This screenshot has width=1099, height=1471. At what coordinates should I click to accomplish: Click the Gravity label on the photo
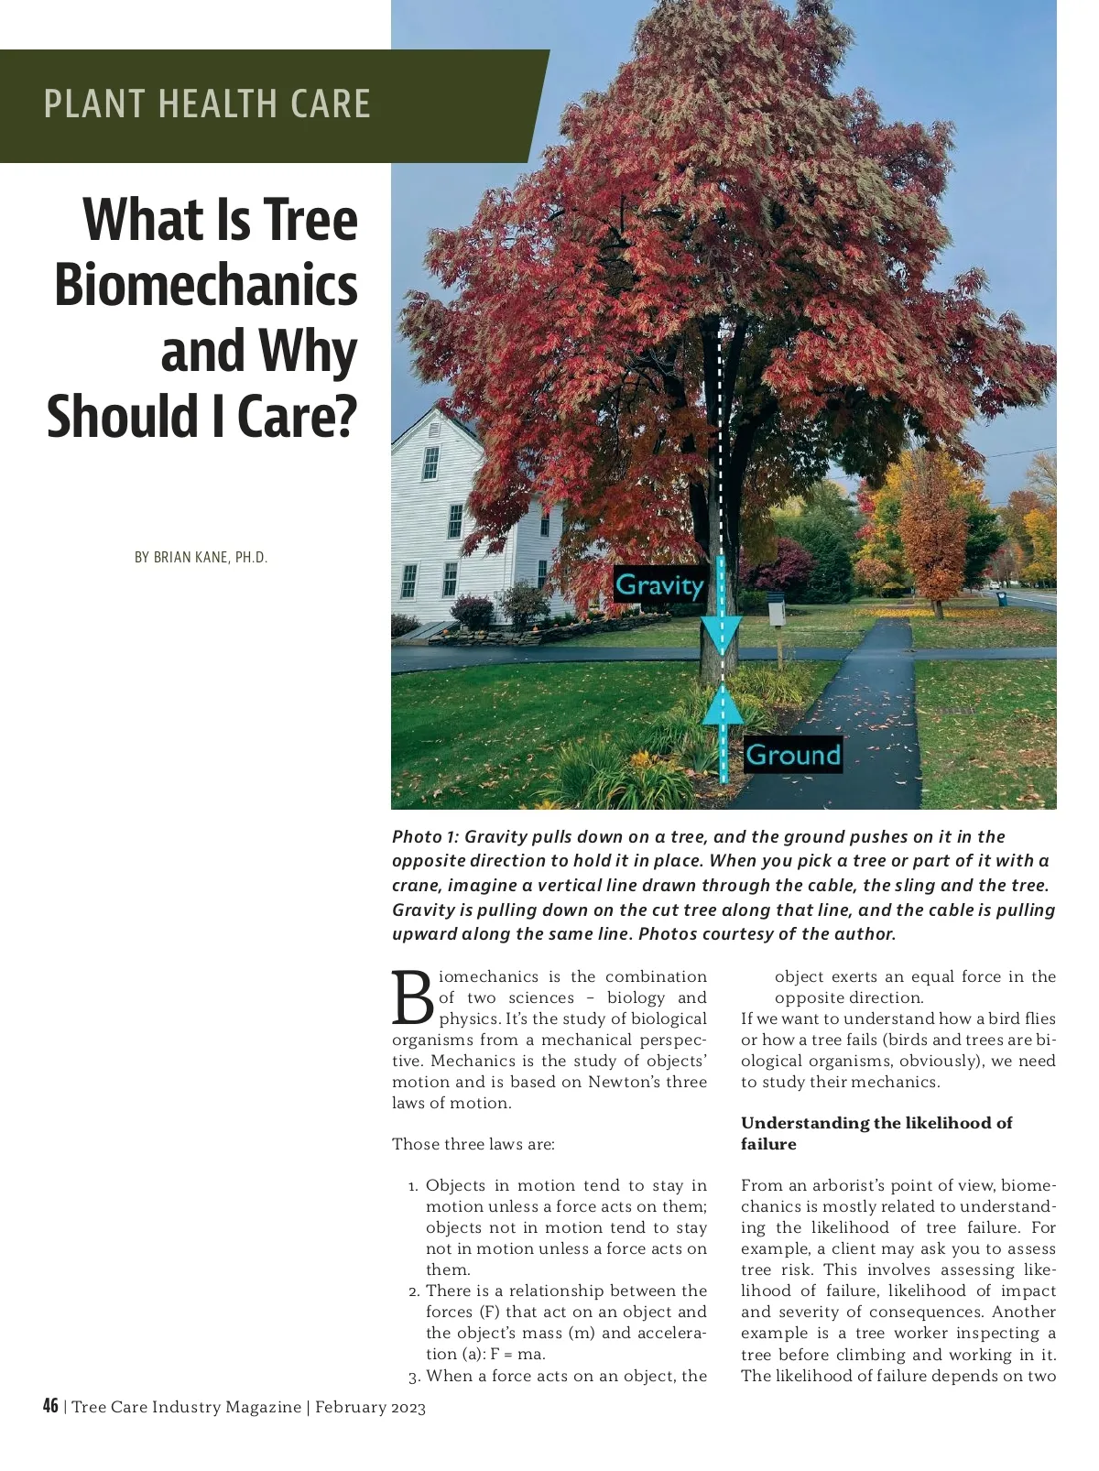(659, 584)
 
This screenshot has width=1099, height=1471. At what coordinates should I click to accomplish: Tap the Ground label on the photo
(792, 755)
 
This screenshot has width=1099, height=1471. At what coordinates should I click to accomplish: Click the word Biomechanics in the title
(206, 285)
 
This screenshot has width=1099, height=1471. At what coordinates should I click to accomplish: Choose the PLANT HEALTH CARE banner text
(207, 104)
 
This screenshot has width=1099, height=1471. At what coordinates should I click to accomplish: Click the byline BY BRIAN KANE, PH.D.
(201, 557)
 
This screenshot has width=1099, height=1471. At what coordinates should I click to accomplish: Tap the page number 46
(50, 1406)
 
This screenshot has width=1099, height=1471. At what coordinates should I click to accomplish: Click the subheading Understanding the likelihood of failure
(876, 1133)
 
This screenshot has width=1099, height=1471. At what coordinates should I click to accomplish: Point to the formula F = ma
(518, 1354)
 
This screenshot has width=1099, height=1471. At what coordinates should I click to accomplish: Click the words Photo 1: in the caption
(426, 836)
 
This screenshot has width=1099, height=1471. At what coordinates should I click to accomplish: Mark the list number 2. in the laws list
(414, 1291)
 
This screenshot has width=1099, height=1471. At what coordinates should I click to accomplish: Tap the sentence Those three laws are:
(473, 1144)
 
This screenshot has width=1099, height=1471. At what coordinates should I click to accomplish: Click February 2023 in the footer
(370, 1407)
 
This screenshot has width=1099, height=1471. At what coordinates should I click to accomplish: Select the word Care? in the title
(297, 417)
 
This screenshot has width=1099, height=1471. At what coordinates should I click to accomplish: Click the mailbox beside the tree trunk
(777, 609)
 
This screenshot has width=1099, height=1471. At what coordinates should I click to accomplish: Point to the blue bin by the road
(1001, 598)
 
